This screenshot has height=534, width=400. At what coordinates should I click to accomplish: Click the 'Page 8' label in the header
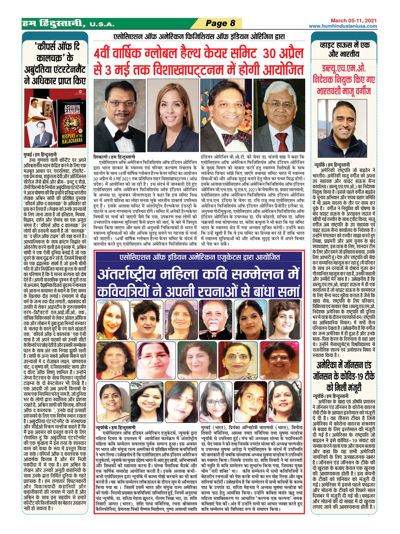tap(220, 23)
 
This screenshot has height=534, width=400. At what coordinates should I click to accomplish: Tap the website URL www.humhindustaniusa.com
tap(343, 26)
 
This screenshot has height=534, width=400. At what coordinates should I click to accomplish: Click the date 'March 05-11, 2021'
tap(353, 20)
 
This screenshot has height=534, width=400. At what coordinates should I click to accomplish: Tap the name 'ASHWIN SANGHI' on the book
tap(72, 109)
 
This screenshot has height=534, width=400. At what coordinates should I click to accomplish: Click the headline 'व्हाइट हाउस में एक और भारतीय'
tap(345, 49)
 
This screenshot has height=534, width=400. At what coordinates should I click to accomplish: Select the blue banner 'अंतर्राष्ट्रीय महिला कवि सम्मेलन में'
tap(199, 275)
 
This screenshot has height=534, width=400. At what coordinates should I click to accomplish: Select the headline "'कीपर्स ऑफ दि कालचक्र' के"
tap(55, 52)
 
